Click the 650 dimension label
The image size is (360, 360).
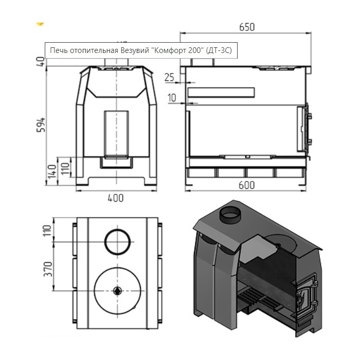pos(247,27)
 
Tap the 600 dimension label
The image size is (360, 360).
pos(246,185)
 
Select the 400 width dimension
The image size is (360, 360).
pos(116,198)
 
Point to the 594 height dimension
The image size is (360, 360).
pos(41,124)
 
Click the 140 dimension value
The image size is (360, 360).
pos(52,171)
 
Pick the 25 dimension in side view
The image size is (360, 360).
pos(169,77)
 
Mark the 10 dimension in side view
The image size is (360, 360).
pos(172,98)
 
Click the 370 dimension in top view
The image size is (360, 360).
pos(48,268)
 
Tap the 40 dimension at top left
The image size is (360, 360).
pos(41,62)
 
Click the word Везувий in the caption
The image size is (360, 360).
pos(135,50)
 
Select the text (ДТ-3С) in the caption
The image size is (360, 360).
pos(219,50)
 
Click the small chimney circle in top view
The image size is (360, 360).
pos(117,242)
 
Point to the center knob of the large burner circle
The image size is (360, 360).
pos(117,291)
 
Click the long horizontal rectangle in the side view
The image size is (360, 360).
pos(221,92)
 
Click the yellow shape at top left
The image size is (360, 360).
pos(40,24)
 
